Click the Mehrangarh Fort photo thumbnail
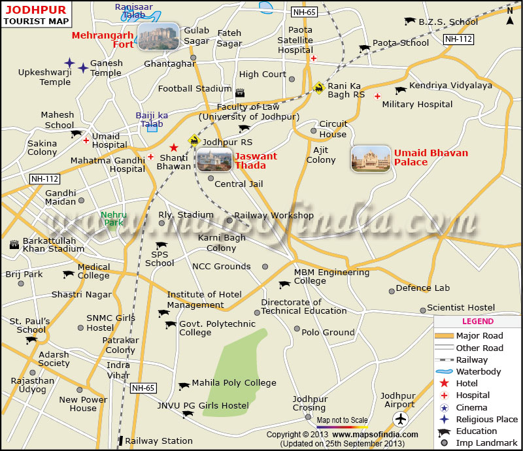pos(158,36)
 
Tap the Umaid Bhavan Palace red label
pos(431,158)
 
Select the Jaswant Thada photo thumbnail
pos(214,159)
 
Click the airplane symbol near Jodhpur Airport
pos(401,419)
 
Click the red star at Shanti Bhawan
pos(173,148)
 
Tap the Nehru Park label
pos(114,218)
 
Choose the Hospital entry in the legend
pos(473,395)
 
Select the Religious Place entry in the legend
pos(486,419)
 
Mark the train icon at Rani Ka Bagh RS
pos(319,88)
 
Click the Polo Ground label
pos(328,332)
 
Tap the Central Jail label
pos(239,184)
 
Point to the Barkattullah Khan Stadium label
pos(54,244)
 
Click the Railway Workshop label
pos(274,215)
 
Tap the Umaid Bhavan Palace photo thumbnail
pos(371,159)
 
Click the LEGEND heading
pos(478,322)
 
